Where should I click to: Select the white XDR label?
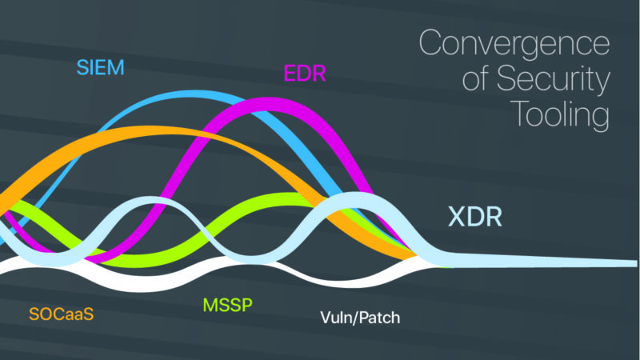click(x=474, y=218)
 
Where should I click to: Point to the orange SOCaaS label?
click(x=62, y=314)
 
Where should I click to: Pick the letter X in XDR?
click(x=456, y=218)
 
